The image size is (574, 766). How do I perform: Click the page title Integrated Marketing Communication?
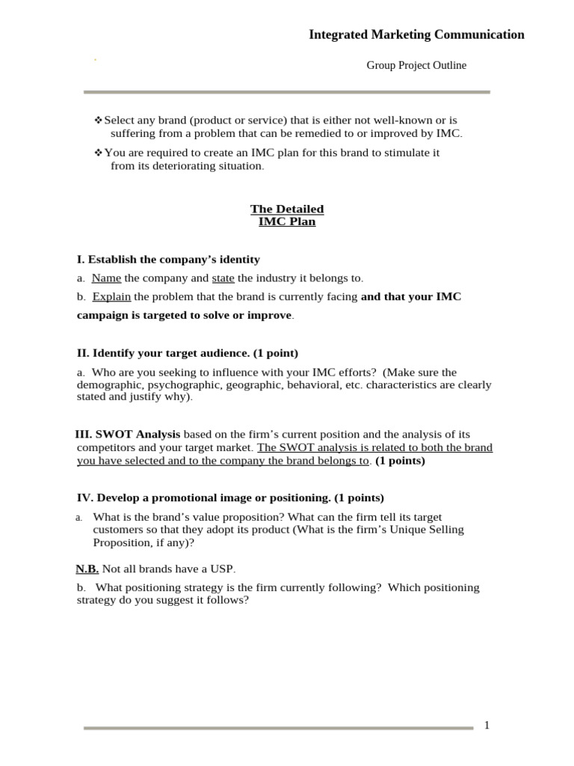(416, 34)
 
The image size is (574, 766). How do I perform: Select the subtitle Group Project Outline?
(416, 66)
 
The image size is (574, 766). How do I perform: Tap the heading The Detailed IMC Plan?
(287, 215)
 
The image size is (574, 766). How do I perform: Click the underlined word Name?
(106, 278)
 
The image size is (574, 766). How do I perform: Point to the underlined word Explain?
(111, 297)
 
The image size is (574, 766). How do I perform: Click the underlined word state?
(223, 278)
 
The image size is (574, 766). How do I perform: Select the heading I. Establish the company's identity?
(168, 260)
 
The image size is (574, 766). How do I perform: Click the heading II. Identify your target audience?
(187, 352)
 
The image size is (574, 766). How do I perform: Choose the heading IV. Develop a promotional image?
(230, 497)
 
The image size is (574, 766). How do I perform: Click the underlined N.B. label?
(87, 569)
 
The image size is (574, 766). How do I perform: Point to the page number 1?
(487, 725)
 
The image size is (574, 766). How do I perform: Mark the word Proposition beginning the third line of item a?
(122, 542)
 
